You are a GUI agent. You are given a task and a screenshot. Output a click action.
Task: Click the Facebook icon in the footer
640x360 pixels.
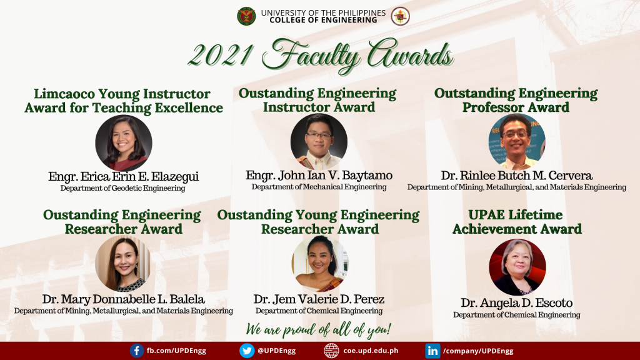[x=137, y=351]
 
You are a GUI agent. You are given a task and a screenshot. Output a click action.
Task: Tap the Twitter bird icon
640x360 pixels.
[x=247, y=351]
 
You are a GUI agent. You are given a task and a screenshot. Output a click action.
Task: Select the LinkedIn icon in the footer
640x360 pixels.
[x=432, y=351]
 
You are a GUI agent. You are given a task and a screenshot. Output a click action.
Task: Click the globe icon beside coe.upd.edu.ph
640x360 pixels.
[x=331, y=351]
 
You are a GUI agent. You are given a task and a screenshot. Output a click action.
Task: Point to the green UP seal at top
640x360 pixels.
[x=246, y=16]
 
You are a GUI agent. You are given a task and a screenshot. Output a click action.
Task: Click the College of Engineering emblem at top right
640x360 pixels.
[x=400, y=16]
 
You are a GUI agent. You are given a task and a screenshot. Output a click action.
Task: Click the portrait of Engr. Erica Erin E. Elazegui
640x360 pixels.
[x=123, y=143]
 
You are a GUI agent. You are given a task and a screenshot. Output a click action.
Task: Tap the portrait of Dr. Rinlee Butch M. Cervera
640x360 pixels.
[x=517, y=142]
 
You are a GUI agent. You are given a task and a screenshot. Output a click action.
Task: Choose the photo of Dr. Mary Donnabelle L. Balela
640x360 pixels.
[x=123, y=264]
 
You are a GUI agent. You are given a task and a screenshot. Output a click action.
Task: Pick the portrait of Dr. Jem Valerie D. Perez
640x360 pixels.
[x=319, y=264]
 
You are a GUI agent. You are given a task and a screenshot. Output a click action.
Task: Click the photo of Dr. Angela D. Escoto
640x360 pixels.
[x=517, y=267]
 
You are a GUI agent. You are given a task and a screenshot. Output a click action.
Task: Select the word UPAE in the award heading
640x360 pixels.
[x=487, y=216]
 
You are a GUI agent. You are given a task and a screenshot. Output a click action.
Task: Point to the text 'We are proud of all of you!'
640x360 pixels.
[x=319, y=329]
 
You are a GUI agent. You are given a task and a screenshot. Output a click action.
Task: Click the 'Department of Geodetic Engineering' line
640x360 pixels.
[x=122, y=188]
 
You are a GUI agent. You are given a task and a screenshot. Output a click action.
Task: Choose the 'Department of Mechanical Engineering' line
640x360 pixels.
[x=319, y=187]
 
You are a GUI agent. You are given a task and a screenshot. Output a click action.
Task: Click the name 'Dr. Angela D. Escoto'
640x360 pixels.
[x=516, y=303]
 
